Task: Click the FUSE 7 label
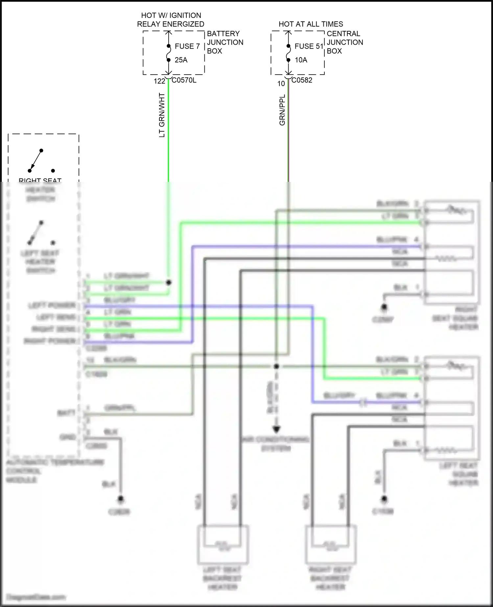pos(187,46)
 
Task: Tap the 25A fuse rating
pos(181,60)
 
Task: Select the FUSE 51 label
pos(309,46)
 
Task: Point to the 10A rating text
pos(301,60)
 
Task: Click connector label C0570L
pos(184,80)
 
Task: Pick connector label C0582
pos(302,80)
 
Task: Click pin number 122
pos(159,81)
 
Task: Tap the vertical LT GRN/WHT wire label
pos(162,115)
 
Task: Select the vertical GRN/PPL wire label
pos(282,110)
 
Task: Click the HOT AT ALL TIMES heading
pos(311,24)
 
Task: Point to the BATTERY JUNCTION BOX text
pos(225,42)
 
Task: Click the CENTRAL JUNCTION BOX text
pos(344,42)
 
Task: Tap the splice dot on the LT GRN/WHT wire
pos(169,282)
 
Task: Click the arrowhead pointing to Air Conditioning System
pos(276,429)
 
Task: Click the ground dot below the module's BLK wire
pos(121,499)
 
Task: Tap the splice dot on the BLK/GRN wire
pos(276,366)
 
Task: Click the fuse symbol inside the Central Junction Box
pos(288,53)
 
